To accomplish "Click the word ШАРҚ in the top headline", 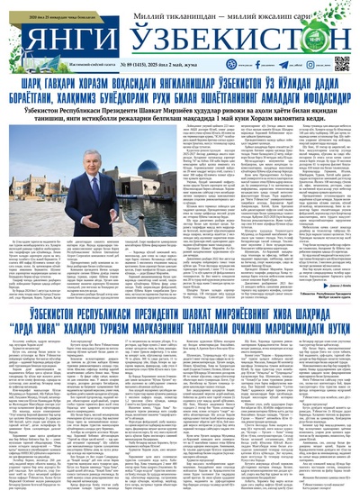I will (24, 84).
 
